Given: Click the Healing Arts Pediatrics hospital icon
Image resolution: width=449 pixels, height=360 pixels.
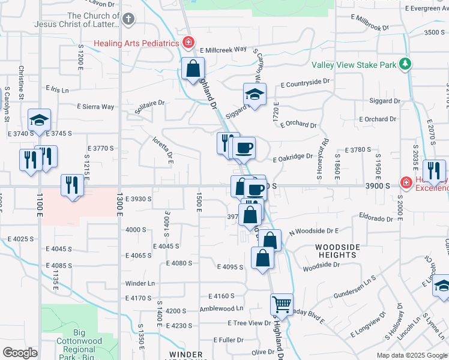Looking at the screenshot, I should coord(188,43).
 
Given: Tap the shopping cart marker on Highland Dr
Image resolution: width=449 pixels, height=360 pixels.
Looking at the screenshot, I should coord(281,304).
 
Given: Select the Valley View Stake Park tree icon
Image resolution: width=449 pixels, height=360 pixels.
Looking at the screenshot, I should coord(406,63).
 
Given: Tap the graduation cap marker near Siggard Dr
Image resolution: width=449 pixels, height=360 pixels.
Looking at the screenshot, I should coord(255,94).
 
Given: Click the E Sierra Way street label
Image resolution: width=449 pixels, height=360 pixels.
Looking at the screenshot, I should coord(95,107).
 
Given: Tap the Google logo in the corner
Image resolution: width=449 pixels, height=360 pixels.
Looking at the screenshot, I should coord(20,352).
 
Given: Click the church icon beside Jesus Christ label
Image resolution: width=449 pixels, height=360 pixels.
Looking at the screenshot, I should coord(128,20).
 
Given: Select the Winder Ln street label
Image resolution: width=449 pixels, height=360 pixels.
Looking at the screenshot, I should coord(140,283).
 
